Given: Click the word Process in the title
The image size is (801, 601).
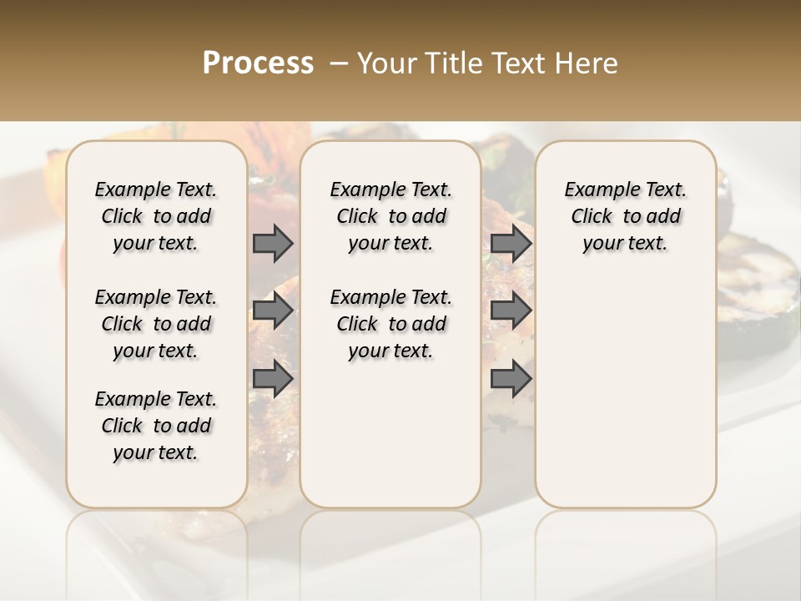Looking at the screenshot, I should point(258,63).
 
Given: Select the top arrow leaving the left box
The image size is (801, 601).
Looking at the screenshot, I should point(273,243).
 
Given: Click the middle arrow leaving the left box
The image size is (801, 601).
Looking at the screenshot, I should point(273,311).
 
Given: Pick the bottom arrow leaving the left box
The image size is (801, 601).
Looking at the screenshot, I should point(273,379).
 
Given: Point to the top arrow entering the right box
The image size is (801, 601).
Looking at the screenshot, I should point(511,243).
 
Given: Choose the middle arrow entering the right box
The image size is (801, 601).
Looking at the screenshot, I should point(511,311).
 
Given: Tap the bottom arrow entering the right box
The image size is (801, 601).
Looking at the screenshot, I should point(511,379).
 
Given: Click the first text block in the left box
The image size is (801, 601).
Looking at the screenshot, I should point(156,216).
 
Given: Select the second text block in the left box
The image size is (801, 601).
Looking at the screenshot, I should point(156,324).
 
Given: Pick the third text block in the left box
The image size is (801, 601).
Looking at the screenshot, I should point(156,426).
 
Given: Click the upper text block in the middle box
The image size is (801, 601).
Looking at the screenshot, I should point(390,216).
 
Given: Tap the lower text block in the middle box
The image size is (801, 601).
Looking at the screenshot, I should point(390,324).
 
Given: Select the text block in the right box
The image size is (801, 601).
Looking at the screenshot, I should point(625,216).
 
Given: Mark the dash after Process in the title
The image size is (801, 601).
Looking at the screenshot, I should point(339,63).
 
